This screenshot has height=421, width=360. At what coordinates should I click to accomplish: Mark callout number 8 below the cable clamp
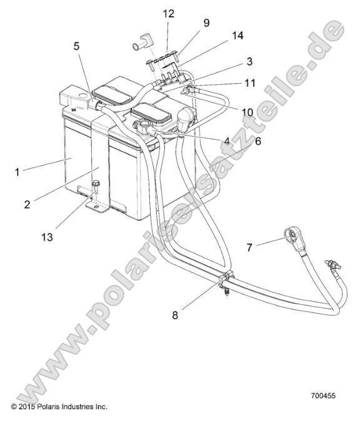point(176,315)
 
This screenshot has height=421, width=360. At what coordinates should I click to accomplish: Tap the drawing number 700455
point(324,395)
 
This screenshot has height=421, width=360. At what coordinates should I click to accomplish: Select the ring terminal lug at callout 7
point(290,235)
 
